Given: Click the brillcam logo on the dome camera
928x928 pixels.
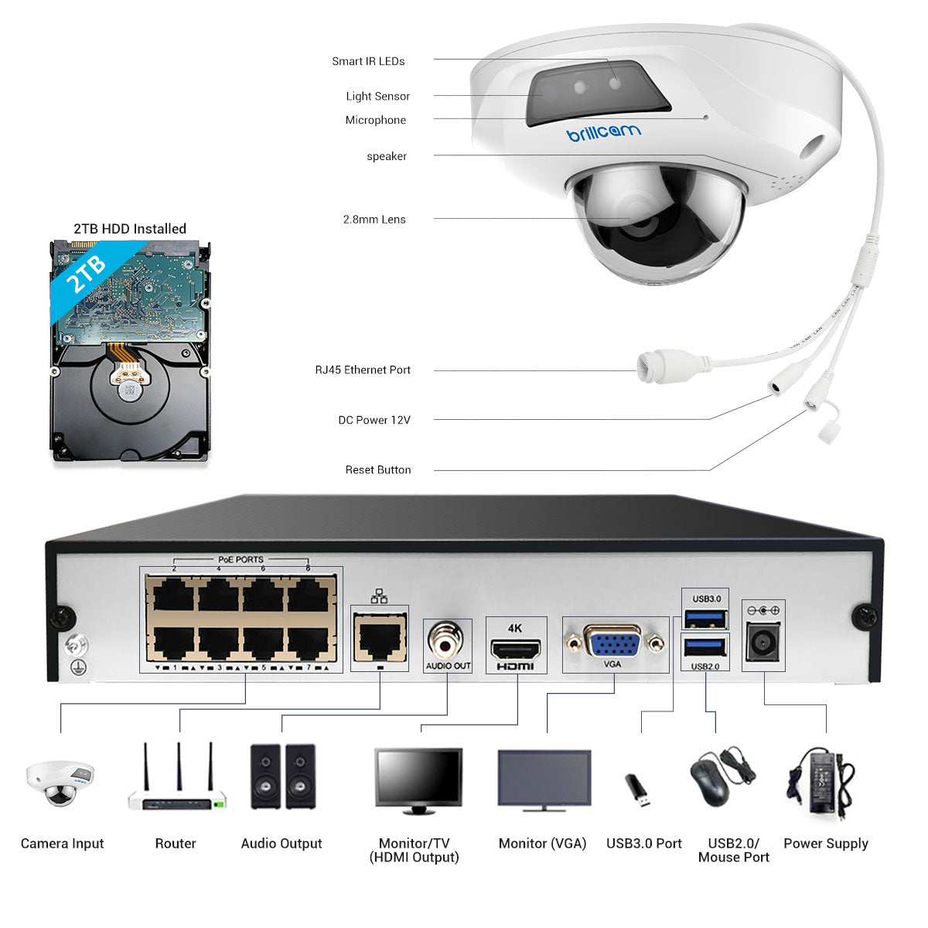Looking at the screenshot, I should (x=604, y=133).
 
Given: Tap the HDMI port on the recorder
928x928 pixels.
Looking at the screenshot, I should (x=515, y=648).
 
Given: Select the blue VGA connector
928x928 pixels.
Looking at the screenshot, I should (x=612, y=641).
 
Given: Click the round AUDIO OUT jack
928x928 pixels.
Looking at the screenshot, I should (x=448, y=640).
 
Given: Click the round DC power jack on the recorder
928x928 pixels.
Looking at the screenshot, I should (x=763, y=642).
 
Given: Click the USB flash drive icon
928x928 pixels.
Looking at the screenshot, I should (x=638, y=789).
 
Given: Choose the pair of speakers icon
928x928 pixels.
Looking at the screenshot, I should (x=282, y=776).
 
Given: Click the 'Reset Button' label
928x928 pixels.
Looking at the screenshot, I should (x=378, y=469).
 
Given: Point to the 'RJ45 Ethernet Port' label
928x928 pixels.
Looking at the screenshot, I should (x=363, y=370).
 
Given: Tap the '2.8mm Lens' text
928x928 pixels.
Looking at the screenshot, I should (x=374, y=220).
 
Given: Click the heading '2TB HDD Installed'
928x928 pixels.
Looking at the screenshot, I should (x=130, y=229).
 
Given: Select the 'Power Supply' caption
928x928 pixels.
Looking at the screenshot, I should (x=826, y=843).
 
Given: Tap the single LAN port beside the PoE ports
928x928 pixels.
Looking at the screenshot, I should (x=379, y=638).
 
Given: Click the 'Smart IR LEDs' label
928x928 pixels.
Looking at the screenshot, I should (x=368, y=61).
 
